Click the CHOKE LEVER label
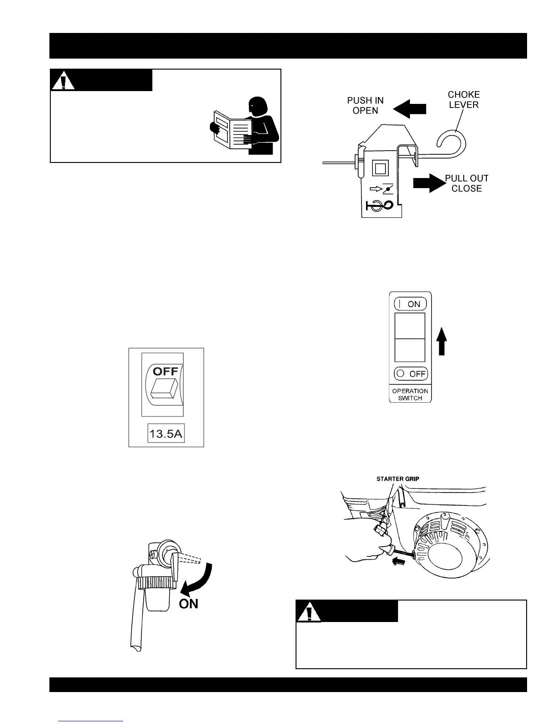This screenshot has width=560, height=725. click(x=463, y=99)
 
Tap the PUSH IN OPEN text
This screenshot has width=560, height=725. click(x=365, y=105)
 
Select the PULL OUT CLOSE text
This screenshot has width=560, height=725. click(x=466, y=183)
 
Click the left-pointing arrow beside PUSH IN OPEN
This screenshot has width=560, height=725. click(x=409, y=109)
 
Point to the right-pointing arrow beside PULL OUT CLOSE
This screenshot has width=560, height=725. click(x=428, y=183)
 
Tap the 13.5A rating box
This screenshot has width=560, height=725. click(x=166, y=433)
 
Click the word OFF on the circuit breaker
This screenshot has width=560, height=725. click(x=165, y=371)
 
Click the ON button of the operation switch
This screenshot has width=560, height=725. click(x=410, y=304)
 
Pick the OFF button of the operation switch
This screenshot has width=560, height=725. click(x=410, y=373)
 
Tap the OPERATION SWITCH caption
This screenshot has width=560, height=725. click(x=410, y=395)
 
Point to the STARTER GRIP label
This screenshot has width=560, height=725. click(x=398, y=479)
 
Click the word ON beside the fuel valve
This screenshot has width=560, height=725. click(x=188, y=604)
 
